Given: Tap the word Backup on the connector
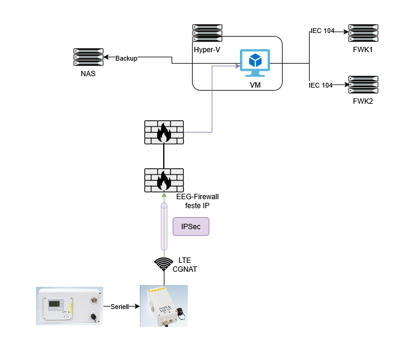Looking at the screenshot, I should point(126,58).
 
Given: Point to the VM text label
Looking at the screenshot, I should point(256,85).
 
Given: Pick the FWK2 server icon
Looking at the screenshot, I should point(363,85).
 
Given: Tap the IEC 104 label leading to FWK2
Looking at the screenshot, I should point(320,85).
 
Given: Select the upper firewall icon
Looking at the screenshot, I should point(164,132).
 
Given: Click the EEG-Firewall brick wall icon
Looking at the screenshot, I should point(164,180).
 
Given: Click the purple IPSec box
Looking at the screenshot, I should point(191,226).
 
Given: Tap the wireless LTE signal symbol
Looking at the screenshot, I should point(164,265).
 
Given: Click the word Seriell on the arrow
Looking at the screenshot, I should point(120,306).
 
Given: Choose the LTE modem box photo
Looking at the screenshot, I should point(164,306).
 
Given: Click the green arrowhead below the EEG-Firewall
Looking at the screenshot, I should point(164,196).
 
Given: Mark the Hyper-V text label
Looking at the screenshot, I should point(207,48).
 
